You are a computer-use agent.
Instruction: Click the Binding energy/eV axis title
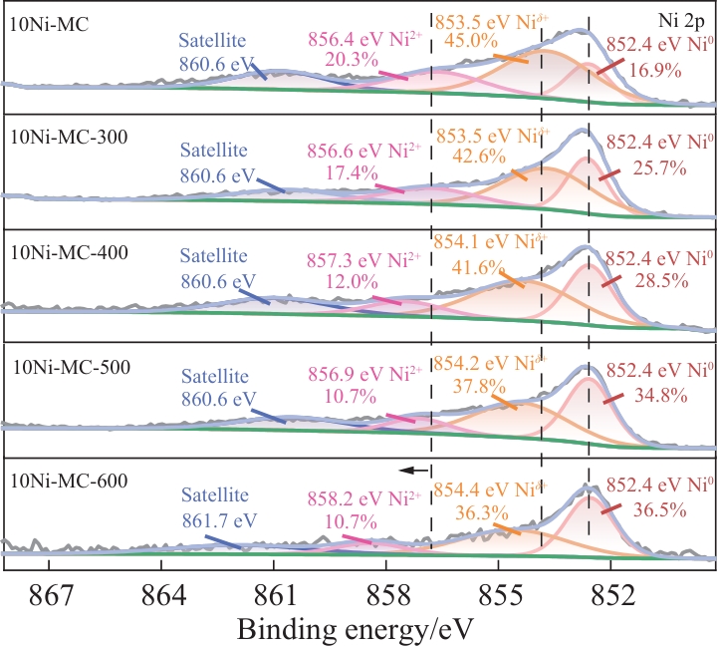point(355,630)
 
